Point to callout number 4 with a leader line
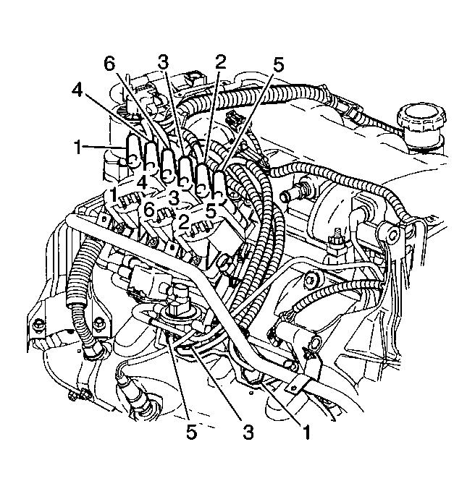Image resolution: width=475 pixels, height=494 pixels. click(x=79, y=91)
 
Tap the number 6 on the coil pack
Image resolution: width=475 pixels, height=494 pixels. click(x=148, y=209)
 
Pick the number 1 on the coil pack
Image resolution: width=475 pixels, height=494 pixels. click(x=112, y=195)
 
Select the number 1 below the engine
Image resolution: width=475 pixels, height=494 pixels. click(x=306, y=433)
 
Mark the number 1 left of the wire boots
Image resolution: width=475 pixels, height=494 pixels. click(x=78, y=148)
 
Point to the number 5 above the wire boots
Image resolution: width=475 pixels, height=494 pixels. click(x=277, y=65)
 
